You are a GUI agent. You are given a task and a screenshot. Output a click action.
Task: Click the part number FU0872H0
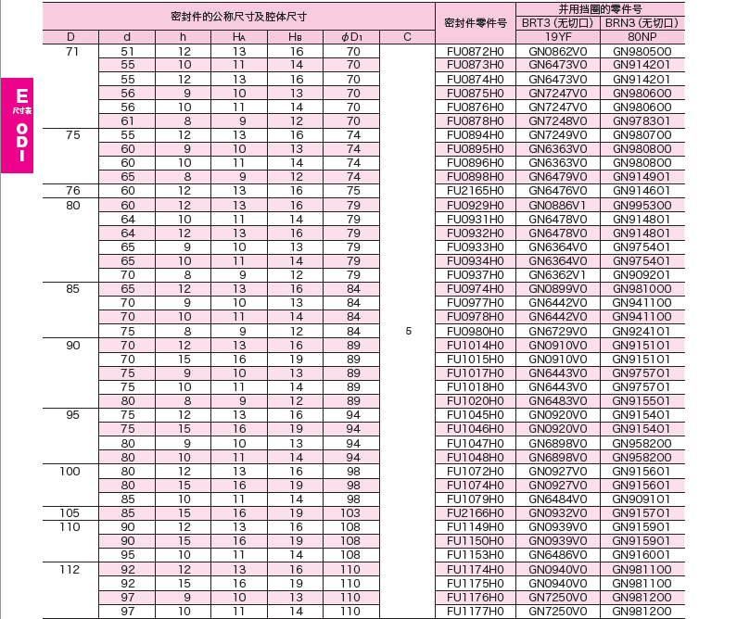(475, 51)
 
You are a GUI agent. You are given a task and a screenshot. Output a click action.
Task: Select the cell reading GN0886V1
(557, 204)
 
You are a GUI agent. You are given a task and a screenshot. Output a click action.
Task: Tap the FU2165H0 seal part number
(475, 190)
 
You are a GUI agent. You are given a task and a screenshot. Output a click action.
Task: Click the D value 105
(70, 512)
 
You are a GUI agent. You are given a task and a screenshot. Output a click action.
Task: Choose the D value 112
(70, 569)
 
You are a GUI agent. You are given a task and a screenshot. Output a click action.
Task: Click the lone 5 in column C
(408, 330)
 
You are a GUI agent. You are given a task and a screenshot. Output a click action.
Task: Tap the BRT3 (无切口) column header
(557, 22)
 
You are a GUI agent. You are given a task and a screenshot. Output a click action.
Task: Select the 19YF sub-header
(557, 36)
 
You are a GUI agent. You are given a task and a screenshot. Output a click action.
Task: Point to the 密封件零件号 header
(475, 22)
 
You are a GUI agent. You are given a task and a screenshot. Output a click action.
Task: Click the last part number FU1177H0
(475, 611)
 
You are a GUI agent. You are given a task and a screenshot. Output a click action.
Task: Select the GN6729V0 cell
(557, 330)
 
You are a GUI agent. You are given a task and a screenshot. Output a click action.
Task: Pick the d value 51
(128, 51)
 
